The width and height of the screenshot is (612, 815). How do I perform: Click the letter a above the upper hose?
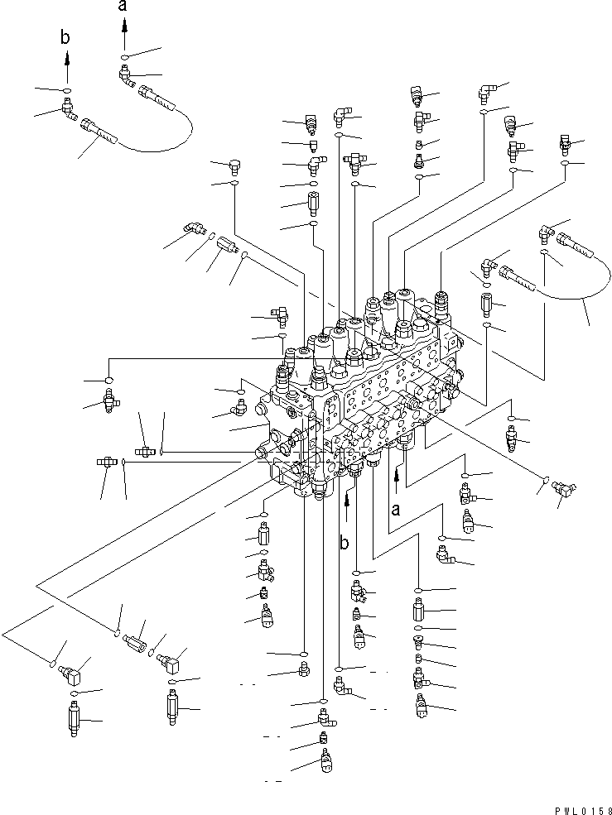[123, 6]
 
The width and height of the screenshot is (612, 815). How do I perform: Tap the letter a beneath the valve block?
[397, 510]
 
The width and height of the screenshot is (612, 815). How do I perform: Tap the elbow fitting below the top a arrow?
[126, 76]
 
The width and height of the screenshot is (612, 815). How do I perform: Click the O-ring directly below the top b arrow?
[67, 89]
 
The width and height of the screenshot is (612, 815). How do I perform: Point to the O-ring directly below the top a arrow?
[123, 57]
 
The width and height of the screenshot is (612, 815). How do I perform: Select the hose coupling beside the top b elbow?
[96, 129]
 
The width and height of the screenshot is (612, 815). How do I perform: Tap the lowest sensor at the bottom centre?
[325, 759]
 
